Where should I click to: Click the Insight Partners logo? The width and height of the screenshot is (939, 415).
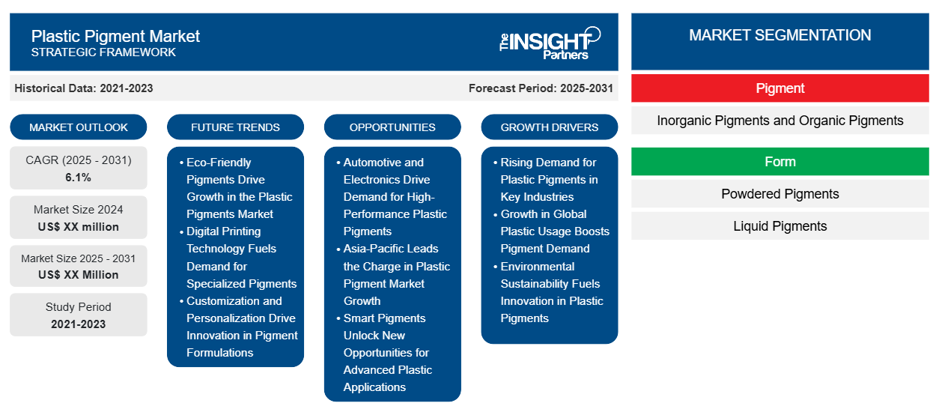pyautogui.click(x=550, y=43)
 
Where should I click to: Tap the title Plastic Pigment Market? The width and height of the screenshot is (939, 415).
pyautogui.click(x=115, y=37)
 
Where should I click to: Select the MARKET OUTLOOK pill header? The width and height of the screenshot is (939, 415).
pyautogui.click(x=79, y=127)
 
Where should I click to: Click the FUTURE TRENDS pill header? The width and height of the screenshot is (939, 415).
pyautogui.click(x=235, y=127)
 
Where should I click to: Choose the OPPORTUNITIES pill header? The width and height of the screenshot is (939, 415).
pyautogui.click(x=392, y=127)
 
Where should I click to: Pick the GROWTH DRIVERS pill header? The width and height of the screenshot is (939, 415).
pyautogui.click(x=549, y=127)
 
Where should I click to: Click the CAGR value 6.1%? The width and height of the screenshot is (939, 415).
pyautogui.click(x=78, y=178)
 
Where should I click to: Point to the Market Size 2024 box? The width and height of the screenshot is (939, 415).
pyautogui.click(x=79, y=217)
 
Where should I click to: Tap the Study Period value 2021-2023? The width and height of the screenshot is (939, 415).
pyautogui.click(x=79, y=324)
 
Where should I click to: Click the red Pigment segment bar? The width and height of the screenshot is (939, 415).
pyautogui.click(x=780, y=88)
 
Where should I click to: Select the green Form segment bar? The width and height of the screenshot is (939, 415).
pyautogui.click(x=780, y=161)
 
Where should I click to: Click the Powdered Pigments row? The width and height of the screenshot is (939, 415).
pyautogui.click(x=780, y=194)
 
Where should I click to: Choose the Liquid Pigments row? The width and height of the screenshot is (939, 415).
pyautogui.click(x=780, y=226)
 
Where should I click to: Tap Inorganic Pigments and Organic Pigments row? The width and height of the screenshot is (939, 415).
pyautogui.click(x=780, y=121)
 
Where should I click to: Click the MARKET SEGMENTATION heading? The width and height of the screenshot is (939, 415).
pyautogui.click(x=780, y=35)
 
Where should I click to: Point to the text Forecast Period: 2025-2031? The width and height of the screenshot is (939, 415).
pyautogui.click(x=541, y=88)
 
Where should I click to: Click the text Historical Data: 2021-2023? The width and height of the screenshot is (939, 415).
pyautogui.click(x=84, y=88)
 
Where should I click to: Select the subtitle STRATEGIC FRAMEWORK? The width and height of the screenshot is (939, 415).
pyautogui.click(x=103, y=52)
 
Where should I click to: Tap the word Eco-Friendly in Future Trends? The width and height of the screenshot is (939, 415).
pyautogui.click(x=219, y=163)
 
